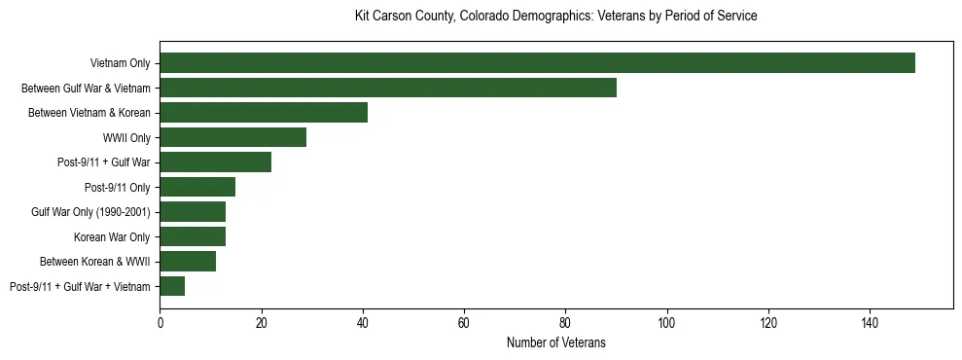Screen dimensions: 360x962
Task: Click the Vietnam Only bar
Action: click(537, 63)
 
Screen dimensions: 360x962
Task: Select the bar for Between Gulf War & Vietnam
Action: click(388, 88)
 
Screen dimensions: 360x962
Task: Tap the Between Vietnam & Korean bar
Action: click(264, 113)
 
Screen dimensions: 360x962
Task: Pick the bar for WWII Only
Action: click(233, 137)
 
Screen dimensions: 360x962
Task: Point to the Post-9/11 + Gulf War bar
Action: click(216, 162)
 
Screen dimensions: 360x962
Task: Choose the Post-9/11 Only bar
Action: click(197, 187)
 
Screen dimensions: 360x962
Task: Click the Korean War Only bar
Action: click(193, 236)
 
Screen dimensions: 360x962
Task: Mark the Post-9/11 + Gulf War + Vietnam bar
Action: click(172, 286)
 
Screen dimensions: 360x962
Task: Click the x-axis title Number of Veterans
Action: click(556, 342)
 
